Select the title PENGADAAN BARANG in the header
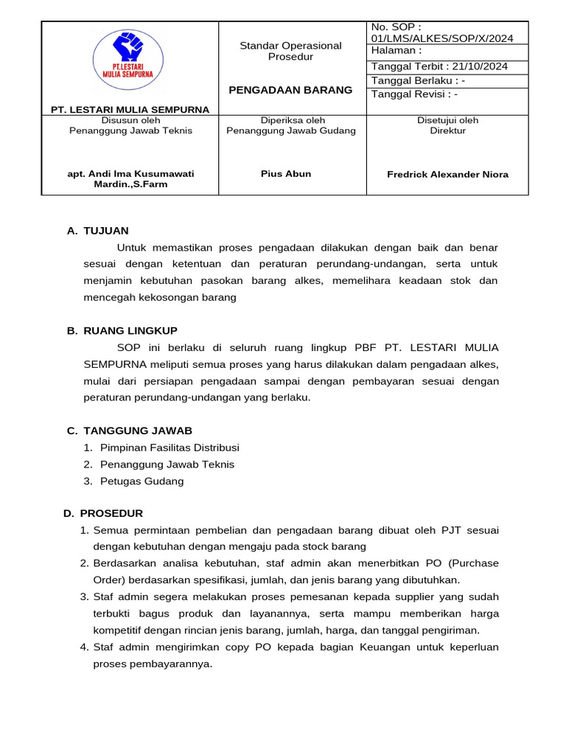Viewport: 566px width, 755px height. [x=291, y=90]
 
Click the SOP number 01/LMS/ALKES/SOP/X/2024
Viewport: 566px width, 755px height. [x=442, y=38]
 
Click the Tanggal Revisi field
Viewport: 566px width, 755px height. [x=414, y=94]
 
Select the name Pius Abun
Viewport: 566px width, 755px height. [x=286, y=174]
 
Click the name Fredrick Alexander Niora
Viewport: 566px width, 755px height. [x=447, y=175]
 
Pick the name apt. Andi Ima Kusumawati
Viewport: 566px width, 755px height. [x=130, y=174]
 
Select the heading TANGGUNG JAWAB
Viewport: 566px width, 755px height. [x=138, y=431]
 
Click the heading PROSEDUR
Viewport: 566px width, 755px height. [x=111, y=513]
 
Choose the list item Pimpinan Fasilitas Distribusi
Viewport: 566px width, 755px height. [x=170, y=448]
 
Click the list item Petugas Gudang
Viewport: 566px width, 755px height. [x=141, y=481]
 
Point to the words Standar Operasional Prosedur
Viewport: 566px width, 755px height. [x=291, y=51]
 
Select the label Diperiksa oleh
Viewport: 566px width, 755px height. [x=293, y=120]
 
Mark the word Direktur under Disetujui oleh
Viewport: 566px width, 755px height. [x=447, y=131]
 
